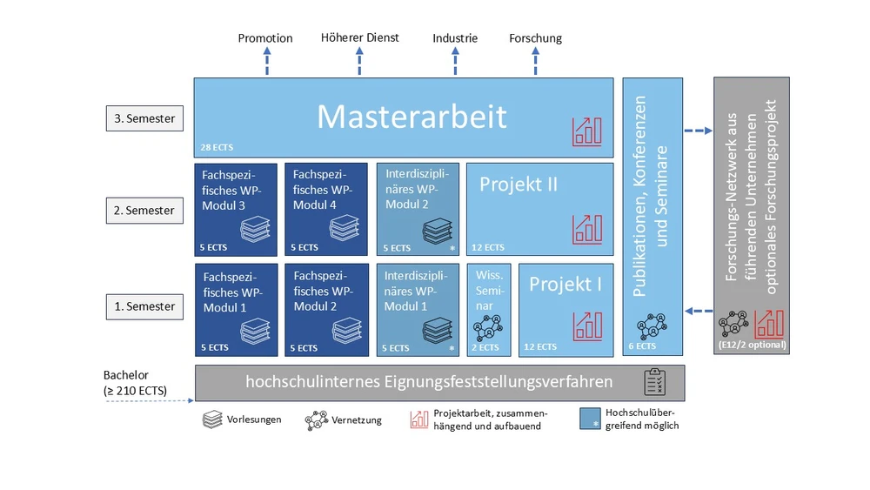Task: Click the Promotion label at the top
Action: pos(265,38)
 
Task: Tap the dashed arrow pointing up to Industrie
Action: pos(454,60)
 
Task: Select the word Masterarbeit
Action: pos(412,117)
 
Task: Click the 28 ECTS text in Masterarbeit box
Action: pos(217,147)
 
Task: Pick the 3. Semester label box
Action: pos(144,118)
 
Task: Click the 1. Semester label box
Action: pos(144,306)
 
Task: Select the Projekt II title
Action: pos(519,185)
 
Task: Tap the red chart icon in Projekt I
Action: pos(586,325)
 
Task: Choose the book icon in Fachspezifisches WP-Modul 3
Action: pos(255,230)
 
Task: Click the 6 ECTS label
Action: pos(643,346)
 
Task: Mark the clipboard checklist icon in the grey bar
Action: pos(653,381)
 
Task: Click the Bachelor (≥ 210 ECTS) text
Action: pos(135,383)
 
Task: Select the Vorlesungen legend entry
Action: pos(242,420)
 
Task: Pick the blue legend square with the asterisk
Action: pos(591,420)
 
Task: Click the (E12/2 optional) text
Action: pos(752,345)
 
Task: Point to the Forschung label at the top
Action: pos(535,38)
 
